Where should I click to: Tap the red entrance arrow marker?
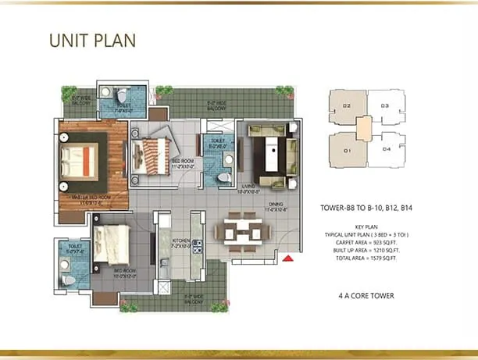(x=290, y=258)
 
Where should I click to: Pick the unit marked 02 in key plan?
(x=346, y=105)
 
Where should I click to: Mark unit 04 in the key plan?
(x=385, y=148)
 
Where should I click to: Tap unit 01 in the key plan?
(x=346, y=148)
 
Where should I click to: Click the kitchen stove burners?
(x=197, y=248)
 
